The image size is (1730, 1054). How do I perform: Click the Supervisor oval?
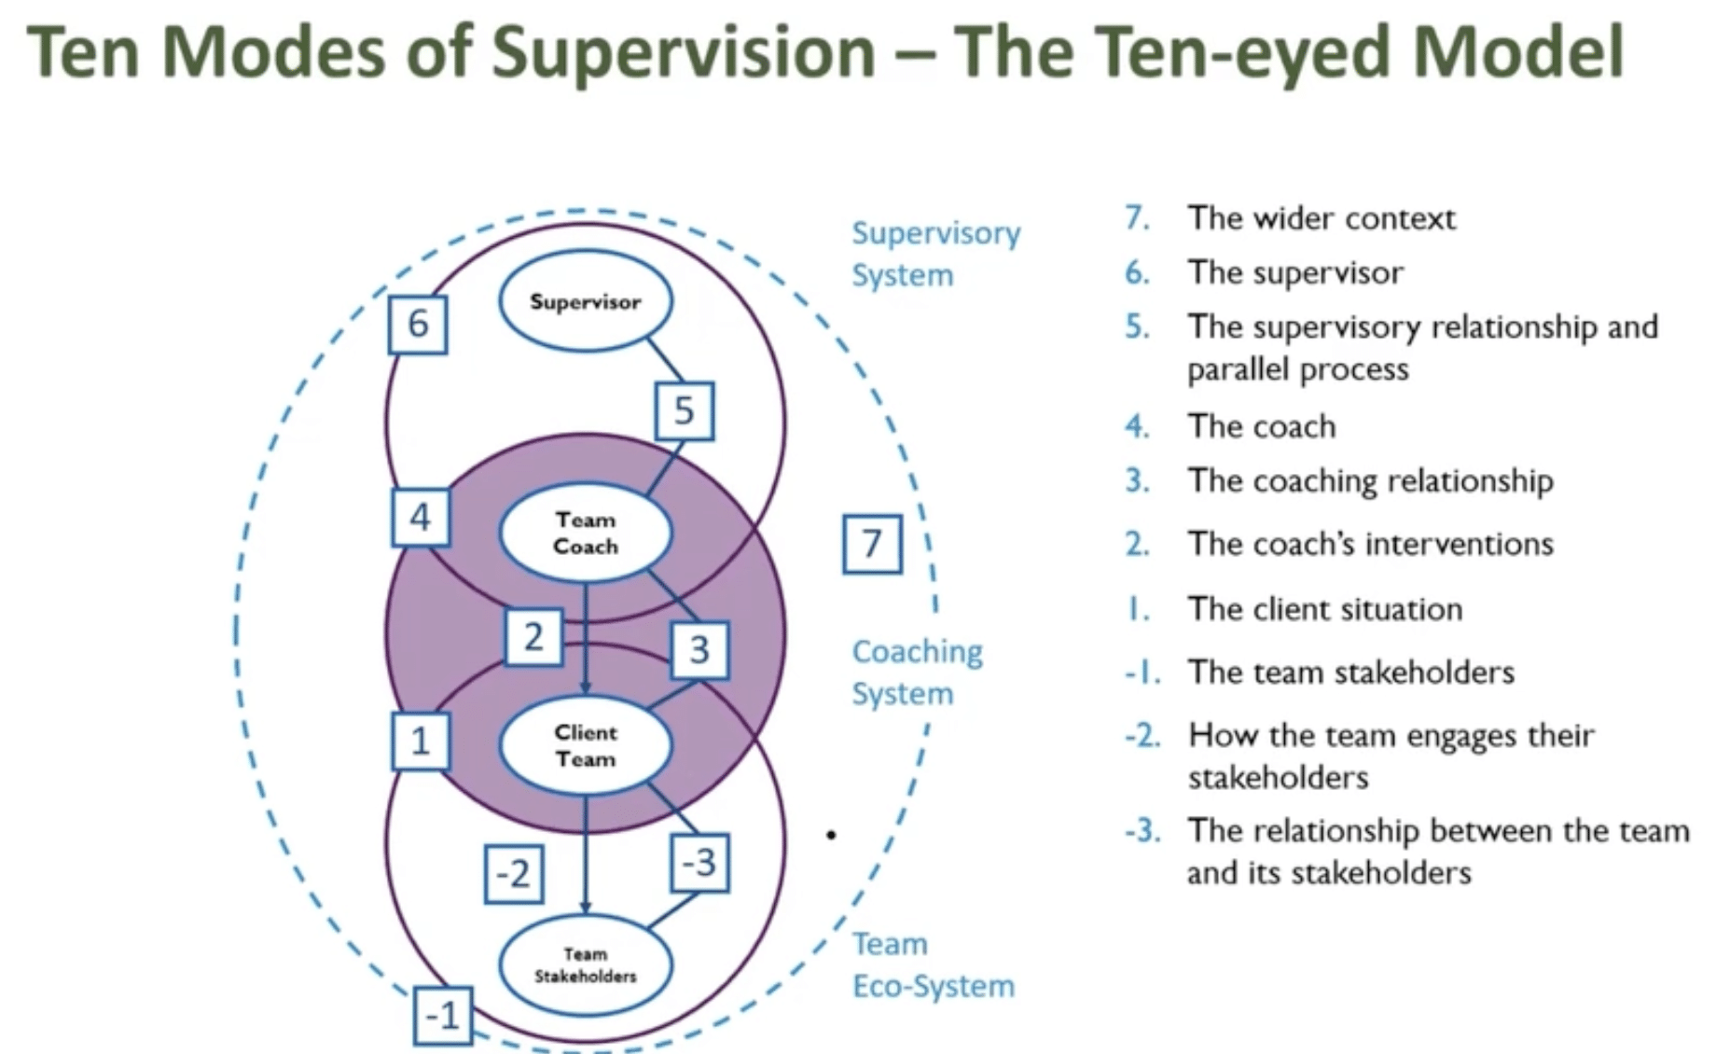pos(585,301)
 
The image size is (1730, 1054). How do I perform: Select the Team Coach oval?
pos(585,533)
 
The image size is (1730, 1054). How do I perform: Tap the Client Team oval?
pos(585,745)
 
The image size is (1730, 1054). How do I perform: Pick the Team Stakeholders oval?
pos(585,964)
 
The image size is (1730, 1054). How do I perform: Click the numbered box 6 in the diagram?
pos(418,325)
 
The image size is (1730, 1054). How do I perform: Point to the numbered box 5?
pos(684,410)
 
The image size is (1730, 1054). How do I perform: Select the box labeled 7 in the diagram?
pos(872,543)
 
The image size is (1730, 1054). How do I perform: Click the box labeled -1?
pos(442,1015)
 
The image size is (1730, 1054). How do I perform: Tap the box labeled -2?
pos(513,874)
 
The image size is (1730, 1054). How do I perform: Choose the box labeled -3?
pos(699,862)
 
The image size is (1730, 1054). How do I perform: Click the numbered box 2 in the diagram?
pos(533,637)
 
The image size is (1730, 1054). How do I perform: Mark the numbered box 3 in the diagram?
pos(699,649)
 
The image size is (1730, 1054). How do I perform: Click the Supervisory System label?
pos(934,254)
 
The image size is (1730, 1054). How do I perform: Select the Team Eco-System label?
pos(933,964)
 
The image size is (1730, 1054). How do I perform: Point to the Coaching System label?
pos(917,672)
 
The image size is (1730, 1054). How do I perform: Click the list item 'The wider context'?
pos(1320,218)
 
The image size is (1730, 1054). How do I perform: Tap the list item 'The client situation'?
pos(1324,609)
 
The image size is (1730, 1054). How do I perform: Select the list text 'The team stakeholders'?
pos(1350,672)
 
